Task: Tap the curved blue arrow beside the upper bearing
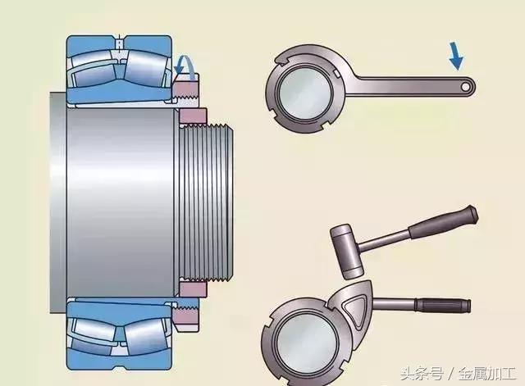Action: point(186,65)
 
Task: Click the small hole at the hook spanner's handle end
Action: point(466,84)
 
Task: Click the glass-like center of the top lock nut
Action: point(304,92)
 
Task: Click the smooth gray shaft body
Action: point(115,198)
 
